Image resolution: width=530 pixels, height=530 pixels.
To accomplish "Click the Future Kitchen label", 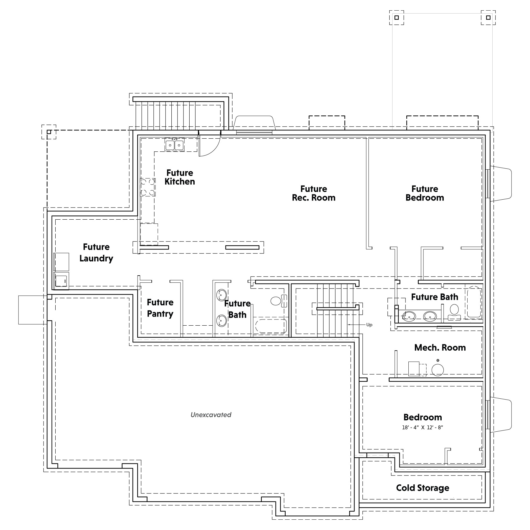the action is coord(180,177).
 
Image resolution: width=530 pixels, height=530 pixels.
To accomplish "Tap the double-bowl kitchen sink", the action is coord(174,145).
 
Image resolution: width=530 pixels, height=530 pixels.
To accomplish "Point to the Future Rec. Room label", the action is coord(314,193).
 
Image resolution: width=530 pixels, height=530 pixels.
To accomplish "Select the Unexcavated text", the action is coord(211,415).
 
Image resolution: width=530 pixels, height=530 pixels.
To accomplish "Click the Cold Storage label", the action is coord(423,488).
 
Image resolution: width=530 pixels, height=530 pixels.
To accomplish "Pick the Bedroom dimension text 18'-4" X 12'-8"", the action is coord(423,428).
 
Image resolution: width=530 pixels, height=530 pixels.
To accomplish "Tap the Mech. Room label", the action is coord(440,347).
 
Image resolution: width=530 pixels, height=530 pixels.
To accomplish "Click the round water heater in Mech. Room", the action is coord(438,370).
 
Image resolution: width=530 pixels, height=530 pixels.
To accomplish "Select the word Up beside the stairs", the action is coord(369,325).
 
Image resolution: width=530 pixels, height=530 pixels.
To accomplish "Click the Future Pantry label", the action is coord(160,308).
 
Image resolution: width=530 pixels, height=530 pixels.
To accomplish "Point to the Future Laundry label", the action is coord(96,253).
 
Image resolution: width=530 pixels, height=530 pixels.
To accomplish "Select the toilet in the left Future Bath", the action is coord(278,301).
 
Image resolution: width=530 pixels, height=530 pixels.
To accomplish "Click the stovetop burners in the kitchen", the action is coord(148,187).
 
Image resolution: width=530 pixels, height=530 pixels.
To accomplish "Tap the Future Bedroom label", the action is coord(425,193).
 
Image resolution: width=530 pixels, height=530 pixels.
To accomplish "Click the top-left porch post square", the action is coord(397,18).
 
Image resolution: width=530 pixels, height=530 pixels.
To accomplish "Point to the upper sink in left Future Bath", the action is coord(221,294).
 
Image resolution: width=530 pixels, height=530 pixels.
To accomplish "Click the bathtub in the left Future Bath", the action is coord(271,326).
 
